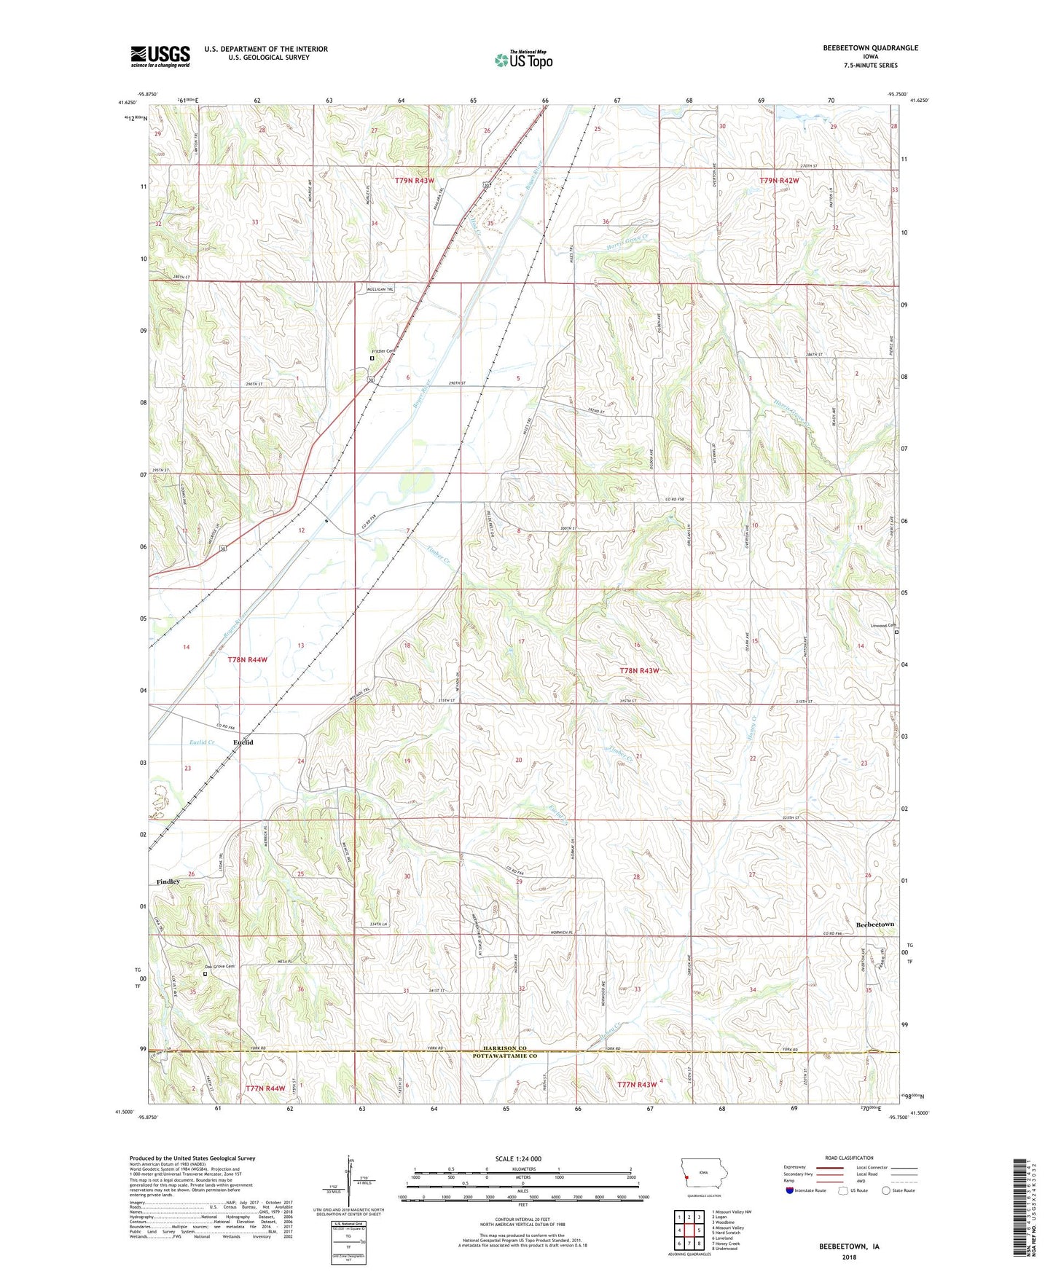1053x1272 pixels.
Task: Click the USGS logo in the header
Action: click(160, 55)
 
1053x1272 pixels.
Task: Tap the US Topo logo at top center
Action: click(523, 60)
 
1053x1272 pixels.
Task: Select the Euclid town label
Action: click(243, 742)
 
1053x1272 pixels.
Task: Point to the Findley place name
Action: click(168, 882)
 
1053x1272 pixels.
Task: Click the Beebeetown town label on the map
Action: click(874, 924)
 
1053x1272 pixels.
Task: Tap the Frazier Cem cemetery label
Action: click(381, 351)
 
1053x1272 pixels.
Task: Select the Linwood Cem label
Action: click(883, 625)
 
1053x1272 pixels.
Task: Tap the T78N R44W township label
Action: click(247, 659)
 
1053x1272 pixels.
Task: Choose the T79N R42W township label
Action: click(779, 180)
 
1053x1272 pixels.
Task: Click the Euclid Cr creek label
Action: click(202, 742)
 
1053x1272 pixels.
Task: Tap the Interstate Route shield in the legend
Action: click(790, 1190)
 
